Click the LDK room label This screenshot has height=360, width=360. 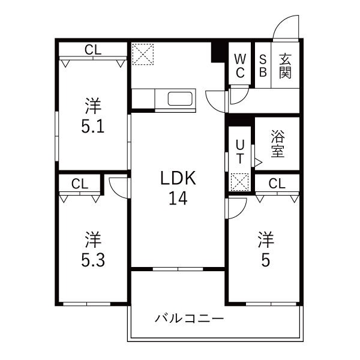tap(178, 178)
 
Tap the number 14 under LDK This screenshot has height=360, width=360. tap(178, 198)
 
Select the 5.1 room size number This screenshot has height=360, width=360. tap(92, 127)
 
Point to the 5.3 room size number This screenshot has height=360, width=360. tap(92, 260)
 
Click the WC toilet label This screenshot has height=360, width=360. tap(240, 65)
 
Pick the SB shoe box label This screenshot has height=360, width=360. tap(263, 65)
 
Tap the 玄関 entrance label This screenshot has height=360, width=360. tap(285, 65)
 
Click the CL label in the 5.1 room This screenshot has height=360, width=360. tap(92, 50)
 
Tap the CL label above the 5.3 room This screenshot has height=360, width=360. tap(80, 184)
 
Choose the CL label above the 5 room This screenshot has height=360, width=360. tap(277, 184)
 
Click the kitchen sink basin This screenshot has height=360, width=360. tap(179, 99)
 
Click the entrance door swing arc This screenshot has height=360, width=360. tap(283, 26)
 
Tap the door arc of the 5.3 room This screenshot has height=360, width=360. tap(119, 186)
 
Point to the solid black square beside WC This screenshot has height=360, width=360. tap(218, 51)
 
